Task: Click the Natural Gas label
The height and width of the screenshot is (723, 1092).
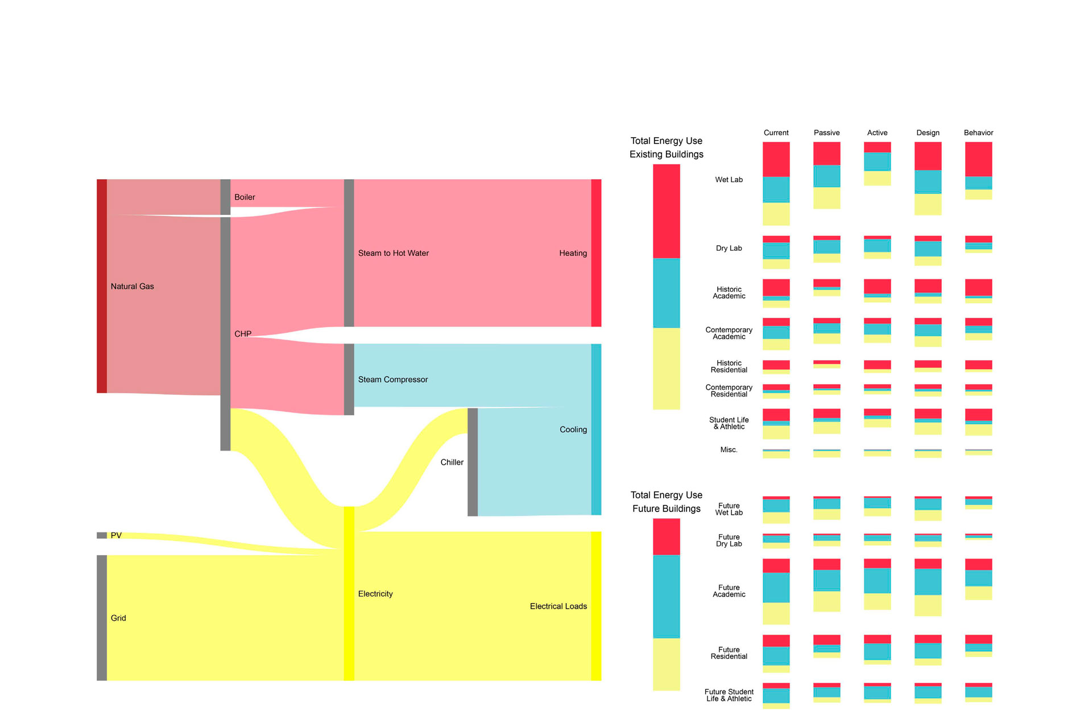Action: (132, 287)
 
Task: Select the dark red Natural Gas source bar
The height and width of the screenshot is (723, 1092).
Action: (102, 286)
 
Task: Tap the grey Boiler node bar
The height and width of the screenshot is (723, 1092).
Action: (225, 197)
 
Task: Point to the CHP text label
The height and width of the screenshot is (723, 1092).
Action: (243, 334)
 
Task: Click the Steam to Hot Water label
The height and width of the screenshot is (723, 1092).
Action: (393, 253)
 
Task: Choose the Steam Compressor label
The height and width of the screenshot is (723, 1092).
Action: (392, 379)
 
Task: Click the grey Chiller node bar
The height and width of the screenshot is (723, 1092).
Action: (472, 462)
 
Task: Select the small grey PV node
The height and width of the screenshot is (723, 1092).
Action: (102, 535)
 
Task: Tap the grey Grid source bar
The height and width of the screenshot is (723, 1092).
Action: (102, 617)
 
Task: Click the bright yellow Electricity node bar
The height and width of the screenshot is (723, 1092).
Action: (349, 593)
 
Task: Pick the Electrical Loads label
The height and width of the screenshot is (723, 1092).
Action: (558, 606)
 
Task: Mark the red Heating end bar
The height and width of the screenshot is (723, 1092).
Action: (596, 253)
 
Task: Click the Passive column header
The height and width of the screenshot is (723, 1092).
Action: (826, 133)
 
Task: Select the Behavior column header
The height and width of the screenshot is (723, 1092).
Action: (978, 133)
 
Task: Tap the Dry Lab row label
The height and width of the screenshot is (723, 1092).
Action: (729, 248)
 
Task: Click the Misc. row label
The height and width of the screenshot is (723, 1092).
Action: (729, 449)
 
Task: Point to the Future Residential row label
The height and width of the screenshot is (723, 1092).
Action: (729, 653)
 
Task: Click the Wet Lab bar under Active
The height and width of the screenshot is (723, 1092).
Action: (877, 164)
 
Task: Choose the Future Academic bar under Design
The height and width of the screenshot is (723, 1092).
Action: (928, 587)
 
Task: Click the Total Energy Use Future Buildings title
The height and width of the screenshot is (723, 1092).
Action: (666, 502)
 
